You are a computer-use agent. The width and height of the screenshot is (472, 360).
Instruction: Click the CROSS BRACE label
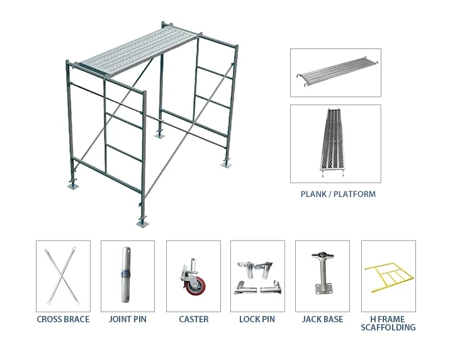click(x=63, y=319)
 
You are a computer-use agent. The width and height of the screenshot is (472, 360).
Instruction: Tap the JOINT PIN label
click(x=128, y=319)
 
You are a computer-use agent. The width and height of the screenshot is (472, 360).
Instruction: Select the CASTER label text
click(x=194, y=319)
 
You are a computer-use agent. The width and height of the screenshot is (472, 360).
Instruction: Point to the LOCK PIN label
click(x=257, y=319)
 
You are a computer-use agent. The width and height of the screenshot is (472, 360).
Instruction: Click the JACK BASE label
click(x=322, y=319)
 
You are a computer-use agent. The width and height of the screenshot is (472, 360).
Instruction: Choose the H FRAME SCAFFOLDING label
click(x=388, y=323)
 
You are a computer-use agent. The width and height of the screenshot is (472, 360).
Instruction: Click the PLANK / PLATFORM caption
click(x=338, y=194)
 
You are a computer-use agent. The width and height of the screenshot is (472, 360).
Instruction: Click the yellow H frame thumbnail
click(x=388, y=277)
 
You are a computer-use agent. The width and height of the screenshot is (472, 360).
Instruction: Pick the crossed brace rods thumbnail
click(x=63, y=276)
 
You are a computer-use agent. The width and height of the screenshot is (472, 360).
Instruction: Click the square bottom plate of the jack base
click(x=323, y=289)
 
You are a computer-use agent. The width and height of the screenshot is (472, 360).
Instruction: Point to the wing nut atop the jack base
click(x=322, y=256)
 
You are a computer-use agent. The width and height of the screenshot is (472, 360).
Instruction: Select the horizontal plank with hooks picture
click(x=337, y=72)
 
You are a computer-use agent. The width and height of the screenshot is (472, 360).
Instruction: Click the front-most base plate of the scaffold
click(x=142, y=223)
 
